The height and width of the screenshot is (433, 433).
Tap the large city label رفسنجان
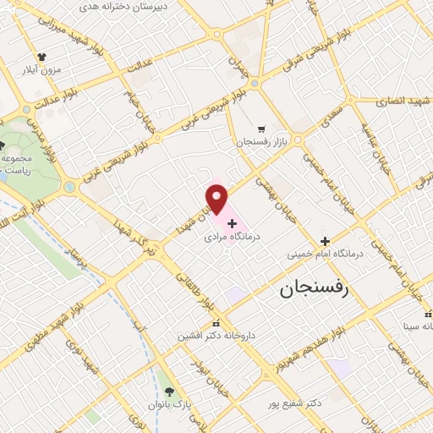point(314,290)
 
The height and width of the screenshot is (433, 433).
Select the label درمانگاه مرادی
point(232,238)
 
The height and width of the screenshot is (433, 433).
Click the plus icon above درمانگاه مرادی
point(232,224)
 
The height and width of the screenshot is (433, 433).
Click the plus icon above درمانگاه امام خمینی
point(325,240)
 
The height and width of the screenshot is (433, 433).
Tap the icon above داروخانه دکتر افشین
point(216,322)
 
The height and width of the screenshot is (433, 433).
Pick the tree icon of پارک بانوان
point(170,392)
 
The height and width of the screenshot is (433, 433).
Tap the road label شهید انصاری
point(403,100)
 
